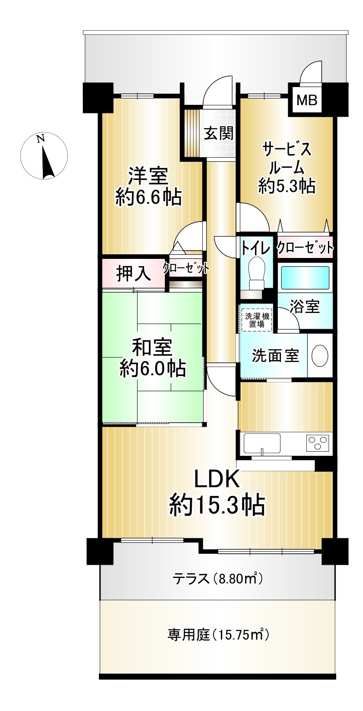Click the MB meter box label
coord(307,101)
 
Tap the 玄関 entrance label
coord(219,133)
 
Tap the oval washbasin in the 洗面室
coord(319,356)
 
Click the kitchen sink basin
coord(262,443)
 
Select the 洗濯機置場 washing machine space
coord(256,320)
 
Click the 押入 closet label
coord(133,273)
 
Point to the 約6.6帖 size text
coord(149,197)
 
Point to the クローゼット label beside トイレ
coord(305,247)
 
